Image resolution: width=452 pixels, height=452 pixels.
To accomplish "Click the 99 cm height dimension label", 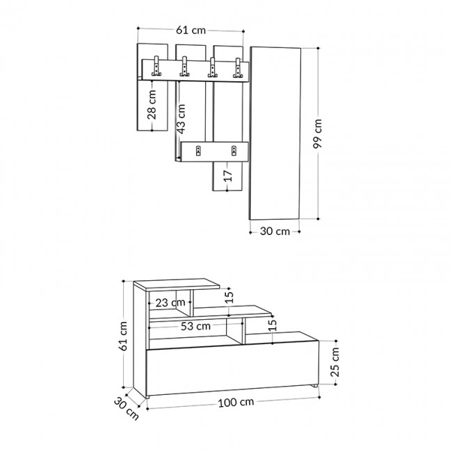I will [x=318, y=136].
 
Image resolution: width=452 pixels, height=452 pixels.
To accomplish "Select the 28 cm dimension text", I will [x=152, y=104].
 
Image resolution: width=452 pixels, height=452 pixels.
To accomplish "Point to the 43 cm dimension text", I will [x=181, y=118].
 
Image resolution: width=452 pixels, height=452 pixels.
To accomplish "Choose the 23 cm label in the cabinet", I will [x=170, y=302].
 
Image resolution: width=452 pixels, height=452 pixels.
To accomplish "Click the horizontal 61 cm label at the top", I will [x=191, y=30].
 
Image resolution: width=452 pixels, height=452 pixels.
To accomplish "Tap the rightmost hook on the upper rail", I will [x=239, y=67].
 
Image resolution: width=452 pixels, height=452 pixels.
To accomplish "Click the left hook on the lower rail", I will [x=198, y=150].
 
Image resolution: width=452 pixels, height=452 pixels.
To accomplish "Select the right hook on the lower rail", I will [x=234, y=150].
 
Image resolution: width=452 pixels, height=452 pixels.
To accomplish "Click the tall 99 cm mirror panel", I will [x=275, y=132].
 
